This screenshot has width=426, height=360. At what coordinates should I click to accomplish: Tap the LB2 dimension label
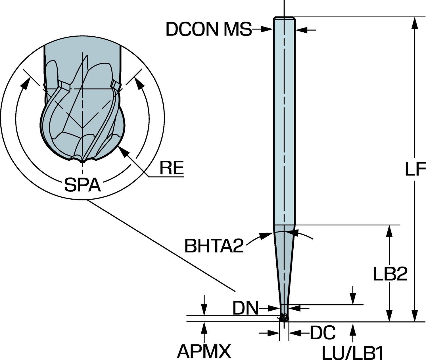point(390,274)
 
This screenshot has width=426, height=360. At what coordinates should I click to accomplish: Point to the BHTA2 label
point(214,246)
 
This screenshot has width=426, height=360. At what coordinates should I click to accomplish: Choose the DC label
point(322,332)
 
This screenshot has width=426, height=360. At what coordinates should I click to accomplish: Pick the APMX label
point(204,351)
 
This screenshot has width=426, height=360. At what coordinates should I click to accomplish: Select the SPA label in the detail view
point(82,185)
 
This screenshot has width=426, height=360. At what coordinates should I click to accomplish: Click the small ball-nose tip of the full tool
point(284,318)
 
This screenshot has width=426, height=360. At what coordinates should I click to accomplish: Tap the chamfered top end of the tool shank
point(284,18)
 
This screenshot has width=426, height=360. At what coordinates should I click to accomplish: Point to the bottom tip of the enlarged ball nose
point(82,161)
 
